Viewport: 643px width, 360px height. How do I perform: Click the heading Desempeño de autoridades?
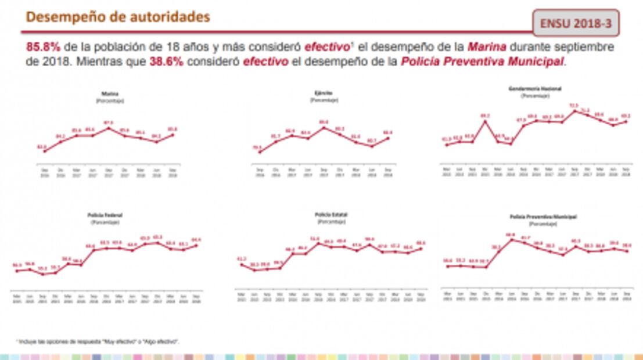[x=118, y=17]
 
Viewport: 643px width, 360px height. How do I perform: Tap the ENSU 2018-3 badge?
[x=576, y=24]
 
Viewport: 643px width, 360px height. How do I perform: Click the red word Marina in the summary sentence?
[x=487, y=47]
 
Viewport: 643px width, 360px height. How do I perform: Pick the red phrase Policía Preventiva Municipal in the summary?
[x=482, y=62]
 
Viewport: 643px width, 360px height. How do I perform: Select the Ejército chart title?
[x=324, y=92]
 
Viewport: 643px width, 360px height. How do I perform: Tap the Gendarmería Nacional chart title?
[x=534, y=89]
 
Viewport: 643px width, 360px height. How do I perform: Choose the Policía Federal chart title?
[x=105, y=215]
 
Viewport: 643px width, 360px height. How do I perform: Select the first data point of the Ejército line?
[x=260, y=152]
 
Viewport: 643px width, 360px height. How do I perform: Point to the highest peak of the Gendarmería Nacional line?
[x=574, y=111]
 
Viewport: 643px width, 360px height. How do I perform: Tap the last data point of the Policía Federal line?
[x=196, y=245]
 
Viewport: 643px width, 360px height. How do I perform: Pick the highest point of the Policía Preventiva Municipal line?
[x=511, y=239]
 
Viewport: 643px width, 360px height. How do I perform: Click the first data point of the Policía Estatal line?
[x=242, y=265]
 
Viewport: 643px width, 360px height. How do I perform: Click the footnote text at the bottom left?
[x=97, y=341]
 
